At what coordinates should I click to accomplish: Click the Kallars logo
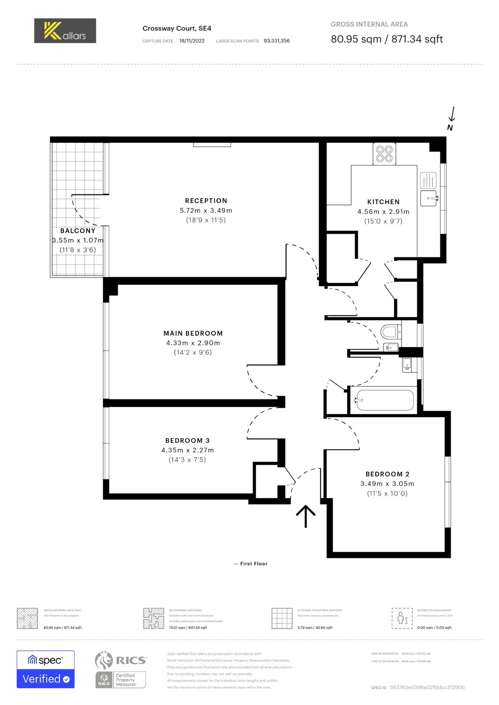point(65,31)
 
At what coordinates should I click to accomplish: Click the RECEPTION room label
point(206,201)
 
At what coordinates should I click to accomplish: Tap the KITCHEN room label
point(383,202)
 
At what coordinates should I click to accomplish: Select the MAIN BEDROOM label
point(193,333)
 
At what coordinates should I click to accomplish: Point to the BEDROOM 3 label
point(187,441)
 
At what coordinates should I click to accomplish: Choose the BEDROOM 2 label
point(387,474)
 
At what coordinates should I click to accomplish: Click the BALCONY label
point(78,231)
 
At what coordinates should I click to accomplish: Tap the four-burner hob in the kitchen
point(384,154)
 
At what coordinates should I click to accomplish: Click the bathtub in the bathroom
point(385,400)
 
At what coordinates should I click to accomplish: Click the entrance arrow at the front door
point(306,516)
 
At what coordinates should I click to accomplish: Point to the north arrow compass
point(451,119)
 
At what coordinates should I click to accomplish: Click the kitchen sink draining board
point(428,181)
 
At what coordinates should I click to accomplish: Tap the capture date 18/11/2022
point(192,41)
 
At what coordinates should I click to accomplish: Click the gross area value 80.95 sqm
point(356,39)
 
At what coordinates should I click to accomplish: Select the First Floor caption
point(251,564)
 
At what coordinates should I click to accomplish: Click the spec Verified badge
point(45,669)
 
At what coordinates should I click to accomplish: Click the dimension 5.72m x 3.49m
point(206,210)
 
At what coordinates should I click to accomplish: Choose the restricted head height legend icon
point(402,618)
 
